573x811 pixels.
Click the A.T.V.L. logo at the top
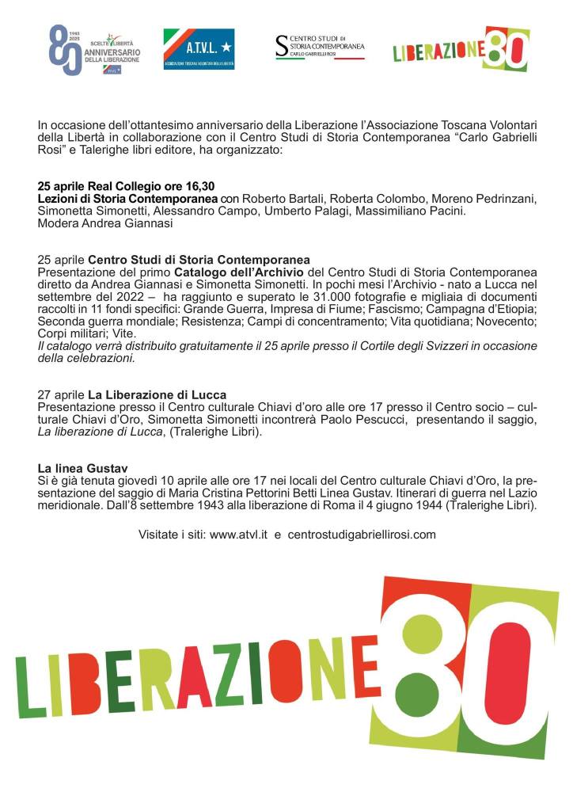(x=199, y=48)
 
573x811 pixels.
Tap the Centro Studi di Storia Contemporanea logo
(x=320, y=47)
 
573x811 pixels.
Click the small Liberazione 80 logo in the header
(x=461, y=49)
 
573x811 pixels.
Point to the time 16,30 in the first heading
(x=199, y=186)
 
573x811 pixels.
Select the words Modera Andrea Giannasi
(x=105, y=223)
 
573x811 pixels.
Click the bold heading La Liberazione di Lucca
(x=157, y=395)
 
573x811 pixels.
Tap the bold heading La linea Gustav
(x=78, y=468)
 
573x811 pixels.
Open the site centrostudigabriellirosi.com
(x=362, y=535)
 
